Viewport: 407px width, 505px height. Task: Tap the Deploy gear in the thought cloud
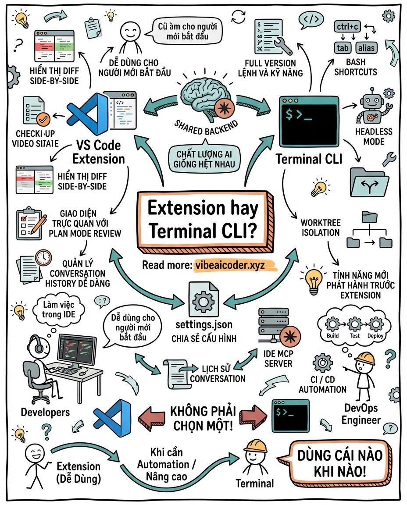tap(376, 324)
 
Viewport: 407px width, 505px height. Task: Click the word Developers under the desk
tap(45, 412)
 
